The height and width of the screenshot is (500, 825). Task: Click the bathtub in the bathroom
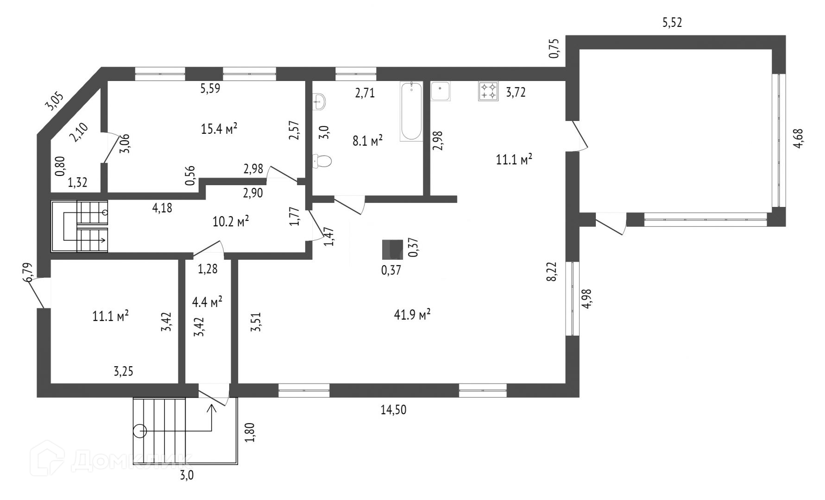(411, 111)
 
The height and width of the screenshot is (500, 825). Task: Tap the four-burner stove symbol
(488, 91)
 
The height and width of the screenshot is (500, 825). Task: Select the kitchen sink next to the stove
(441, 91)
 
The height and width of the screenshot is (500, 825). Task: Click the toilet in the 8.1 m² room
(322, 161)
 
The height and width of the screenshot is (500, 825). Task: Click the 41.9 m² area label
(412, 315)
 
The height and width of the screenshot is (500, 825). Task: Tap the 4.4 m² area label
(207, 302)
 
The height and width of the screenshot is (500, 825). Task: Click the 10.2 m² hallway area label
(231, 221)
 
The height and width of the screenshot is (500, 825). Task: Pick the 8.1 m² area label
(367, 140)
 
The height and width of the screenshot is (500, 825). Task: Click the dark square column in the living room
(392, 250)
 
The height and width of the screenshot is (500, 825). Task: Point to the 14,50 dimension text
(393, 410)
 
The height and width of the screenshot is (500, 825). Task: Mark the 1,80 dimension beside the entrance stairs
(250, 432)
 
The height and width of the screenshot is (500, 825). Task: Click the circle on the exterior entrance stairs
(140, 431)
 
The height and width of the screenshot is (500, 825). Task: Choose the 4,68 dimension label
(798, 138)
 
